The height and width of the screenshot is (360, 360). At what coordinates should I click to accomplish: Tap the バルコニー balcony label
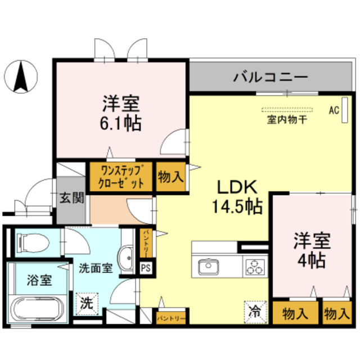271,75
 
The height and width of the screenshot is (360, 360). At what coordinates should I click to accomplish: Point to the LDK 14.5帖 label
236,197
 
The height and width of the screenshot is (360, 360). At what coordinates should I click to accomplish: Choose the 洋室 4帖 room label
310,251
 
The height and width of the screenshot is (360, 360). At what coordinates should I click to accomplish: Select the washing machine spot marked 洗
86,304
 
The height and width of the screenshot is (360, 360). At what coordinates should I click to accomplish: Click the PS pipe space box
146,268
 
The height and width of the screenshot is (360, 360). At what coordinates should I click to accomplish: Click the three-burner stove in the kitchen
254,266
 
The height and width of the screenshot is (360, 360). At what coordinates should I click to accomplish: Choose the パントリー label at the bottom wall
170,318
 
